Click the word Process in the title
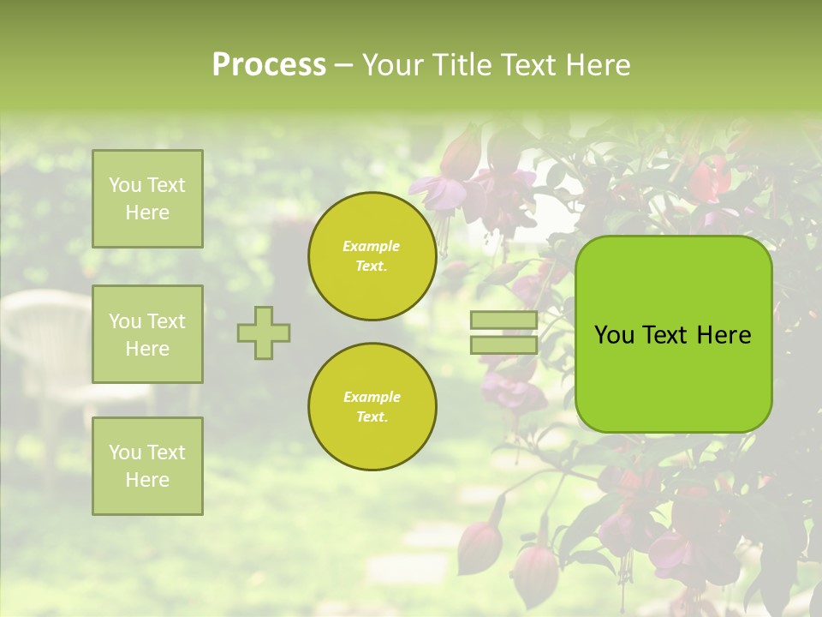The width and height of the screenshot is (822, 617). pos(269,65)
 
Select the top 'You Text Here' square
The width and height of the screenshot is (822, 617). pos(147,199)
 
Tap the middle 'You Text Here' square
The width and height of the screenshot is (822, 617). pos(147,334)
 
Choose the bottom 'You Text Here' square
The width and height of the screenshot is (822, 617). pos(147,465)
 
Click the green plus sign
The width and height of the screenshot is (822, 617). pos(264,332)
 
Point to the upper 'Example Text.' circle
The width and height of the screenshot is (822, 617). pos(372,256)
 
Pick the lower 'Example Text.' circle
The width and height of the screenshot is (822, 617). pos(372,407)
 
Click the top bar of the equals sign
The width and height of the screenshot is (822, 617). pos(503,320)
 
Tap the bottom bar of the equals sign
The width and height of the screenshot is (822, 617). pos(503,344)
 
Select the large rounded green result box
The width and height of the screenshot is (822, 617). pos(673,334)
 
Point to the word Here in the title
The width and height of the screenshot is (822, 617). pos(599,65)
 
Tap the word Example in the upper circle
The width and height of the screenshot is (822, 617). pos(372,247)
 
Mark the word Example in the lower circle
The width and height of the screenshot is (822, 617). pos(372,398)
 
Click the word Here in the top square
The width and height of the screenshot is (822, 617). pos(147,213)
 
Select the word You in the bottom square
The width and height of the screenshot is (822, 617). pos(124,452)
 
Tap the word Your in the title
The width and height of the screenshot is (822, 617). pos(390,65)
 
